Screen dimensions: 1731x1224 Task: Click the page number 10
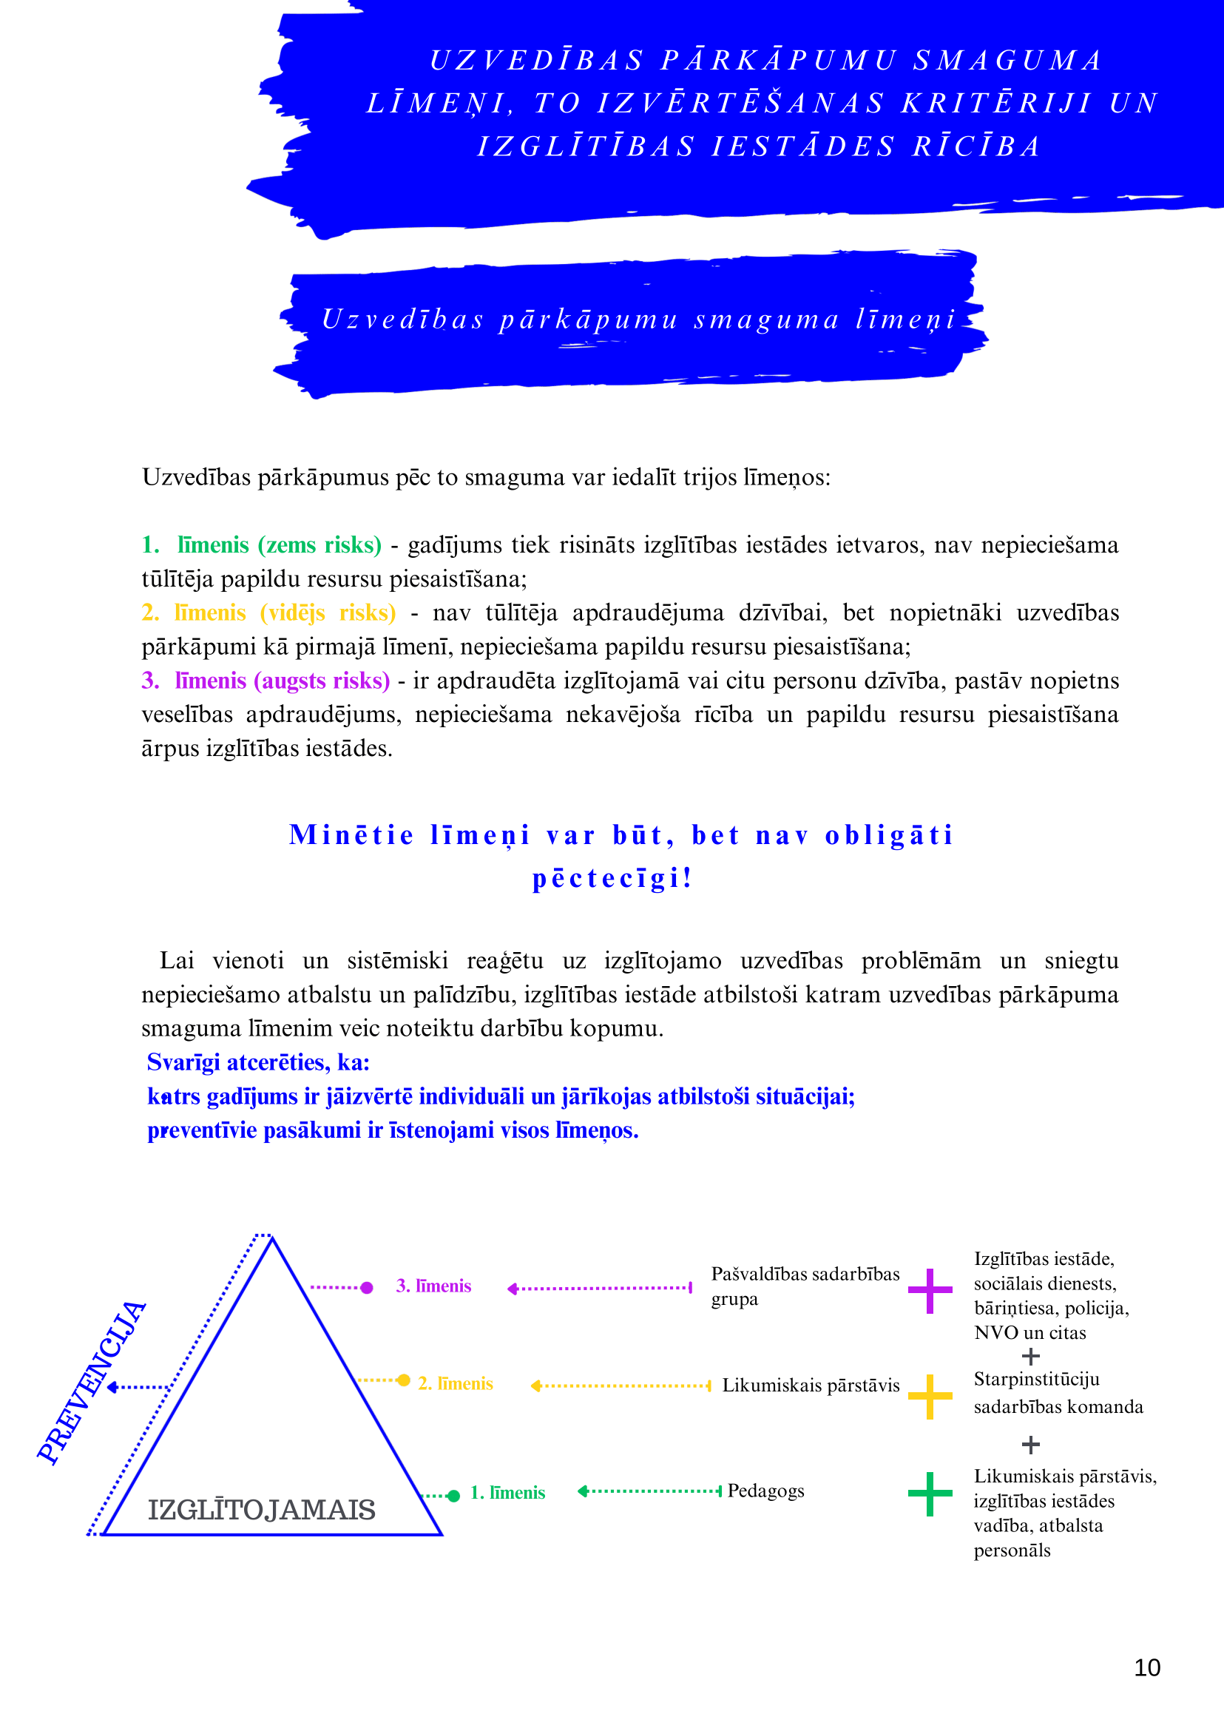coord(1146,1667)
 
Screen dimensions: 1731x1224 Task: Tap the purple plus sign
coord(930,1291)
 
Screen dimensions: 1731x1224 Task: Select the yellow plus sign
coord(930,1396)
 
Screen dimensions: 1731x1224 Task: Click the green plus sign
coord(930,1494)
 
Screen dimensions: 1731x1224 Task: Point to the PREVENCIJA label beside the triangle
coord(92,1383)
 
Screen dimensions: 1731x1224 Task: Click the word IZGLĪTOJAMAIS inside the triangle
coord(262,1510)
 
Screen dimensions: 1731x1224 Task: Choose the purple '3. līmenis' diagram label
coord(433,1286)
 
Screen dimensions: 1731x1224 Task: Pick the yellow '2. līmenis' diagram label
coord(456,1383)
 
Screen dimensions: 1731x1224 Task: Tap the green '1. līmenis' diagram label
coord(507,1493)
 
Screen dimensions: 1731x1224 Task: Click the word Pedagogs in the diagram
coord(765,1491)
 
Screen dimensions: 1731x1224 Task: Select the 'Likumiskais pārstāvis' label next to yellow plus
coord(811,1385)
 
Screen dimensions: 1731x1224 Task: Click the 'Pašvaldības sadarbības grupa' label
coord(804,1286)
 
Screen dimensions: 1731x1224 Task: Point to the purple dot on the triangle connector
coord(367,1288)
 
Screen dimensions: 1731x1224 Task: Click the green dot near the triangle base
coord(453,1496)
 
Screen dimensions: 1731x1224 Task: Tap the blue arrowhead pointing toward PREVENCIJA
coord(112,1387)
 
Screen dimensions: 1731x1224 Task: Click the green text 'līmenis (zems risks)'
coord(279,544)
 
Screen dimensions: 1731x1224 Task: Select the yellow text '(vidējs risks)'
coord(328,613)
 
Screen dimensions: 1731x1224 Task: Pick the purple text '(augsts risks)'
coord(322,680)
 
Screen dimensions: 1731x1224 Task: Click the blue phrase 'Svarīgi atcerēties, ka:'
coord(258,1062)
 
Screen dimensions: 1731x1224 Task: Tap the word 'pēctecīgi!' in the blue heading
coord(611,878)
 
